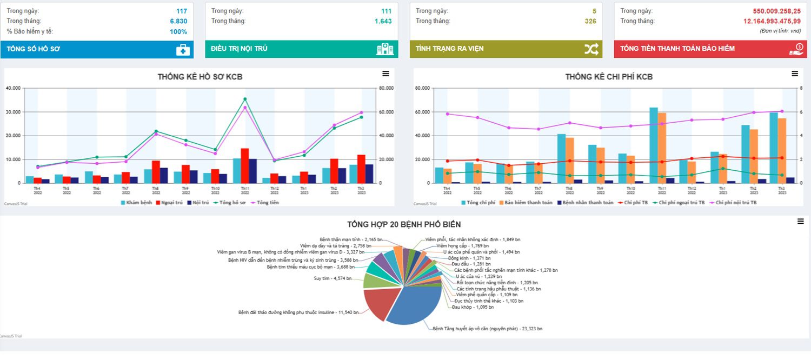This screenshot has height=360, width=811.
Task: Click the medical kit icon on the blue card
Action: coord(183,50)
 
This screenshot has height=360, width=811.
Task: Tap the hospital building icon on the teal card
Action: coord(384,49)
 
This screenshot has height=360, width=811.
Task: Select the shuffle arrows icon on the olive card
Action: coord(591,49)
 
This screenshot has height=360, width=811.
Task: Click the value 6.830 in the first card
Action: coord(178,21)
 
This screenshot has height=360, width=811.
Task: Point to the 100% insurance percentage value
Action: coord(178,31)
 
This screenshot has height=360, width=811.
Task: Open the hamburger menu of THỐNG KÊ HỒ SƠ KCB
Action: coord(385,74)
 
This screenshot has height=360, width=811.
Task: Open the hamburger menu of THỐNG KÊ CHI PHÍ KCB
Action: coord(795,74)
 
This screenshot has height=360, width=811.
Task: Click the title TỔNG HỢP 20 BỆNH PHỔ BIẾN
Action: coord(404,224)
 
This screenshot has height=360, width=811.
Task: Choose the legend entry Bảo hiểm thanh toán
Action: coord(526,203)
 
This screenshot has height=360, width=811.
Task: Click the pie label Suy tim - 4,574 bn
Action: coord(333,278)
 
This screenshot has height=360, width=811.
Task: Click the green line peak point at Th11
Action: coord(245,99)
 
